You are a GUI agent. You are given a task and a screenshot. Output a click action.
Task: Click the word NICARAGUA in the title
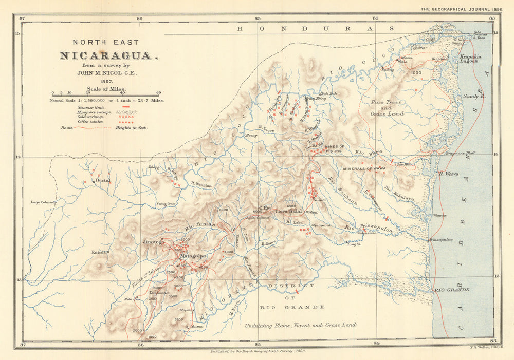pos(106,55)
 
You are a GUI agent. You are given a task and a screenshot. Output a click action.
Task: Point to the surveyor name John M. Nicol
pos(106,73)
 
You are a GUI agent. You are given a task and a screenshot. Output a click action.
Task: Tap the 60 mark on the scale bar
pos(158,93)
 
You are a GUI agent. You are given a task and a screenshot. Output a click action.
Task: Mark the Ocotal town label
pos(103,181)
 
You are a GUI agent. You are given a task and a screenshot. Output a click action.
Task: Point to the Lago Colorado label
pos(43,202)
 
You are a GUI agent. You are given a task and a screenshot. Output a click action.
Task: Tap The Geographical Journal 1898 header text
pos(461,9)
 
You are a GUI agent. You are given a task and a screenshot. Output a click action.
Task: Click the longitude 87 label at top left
pos(22,18)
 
